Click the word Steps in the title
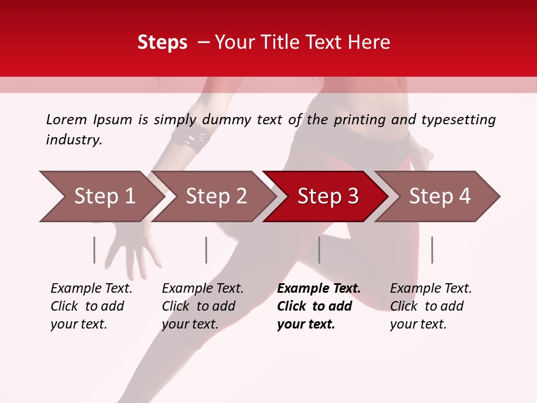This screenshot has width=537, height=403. tap(162, 43)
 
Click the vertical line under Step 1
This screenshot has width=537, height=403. tap(95, 250)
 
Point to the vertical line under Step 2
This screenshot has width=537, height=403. tap(206, 250)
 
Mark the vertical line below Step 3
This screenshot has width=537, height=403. tap(319, 250)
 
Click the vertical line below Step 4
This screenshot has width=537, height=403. tap(432, 250)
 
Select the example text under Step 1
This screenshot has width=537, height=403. tap(91, 306)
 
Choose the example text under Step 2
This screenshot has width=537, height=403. tap(202, 306)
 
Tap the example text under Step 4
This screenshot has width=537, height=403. tap(431, 306)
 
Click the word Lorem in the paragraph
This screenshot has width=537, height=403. tap(67, 120)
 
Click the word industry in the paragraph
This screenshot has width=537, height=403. tap(73, 140)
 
